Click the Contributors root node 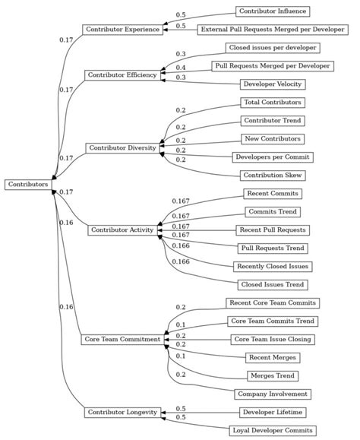point(28,184)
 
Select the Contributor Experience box point(122,30)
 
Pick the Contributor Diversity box point(122,147)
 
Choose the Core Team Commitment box point(122,339)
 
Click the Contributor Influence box point(272,11)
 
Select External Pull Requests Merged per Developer point(272,30)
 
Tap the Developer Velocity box point(272,84)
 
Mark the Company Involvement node point(272,394)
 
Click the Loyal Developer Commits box point(272,430)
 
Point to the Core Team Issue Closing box point(272,339)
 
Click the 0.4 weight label point(181,68)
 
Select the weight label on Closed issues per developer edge point(181,54)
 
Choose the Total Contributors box point(272,102)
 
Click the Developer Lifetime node point(272,412)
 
